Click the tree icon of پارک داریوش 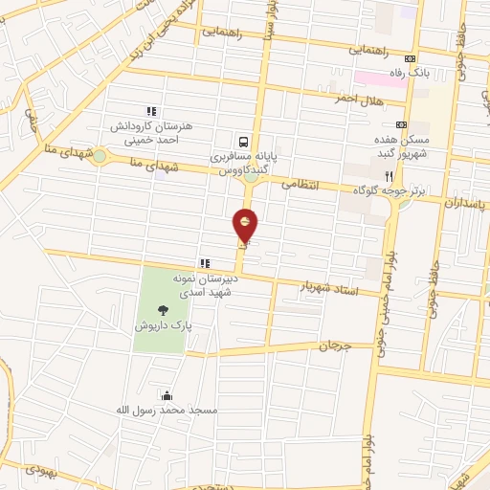tap(162, 308)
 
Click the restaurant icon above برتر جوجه tap(388, 176)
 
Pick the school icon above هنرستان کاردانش tap(151, 111)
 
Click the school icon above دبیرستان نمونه tap(204, 262)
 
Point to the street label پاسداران tap(467, 204)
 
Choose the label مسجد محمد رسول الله tap(170, 410)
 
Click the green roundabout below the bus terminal tap(253, 174)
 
